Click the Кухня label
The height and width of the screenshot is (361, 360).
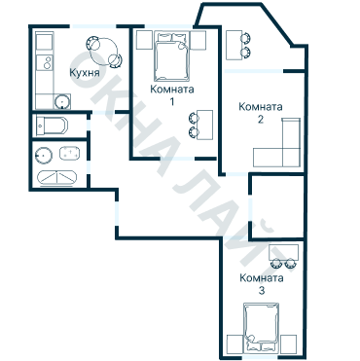click(85, 73)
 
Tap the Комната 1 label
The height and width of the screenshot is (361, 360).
click(172, 94)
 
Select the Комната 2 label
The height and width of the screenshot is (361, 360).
click(261, 113)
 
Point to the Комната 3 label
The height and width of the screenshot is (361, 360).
click(262, 284)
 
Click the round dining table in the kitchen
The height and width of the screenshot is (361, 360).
click(103, 52)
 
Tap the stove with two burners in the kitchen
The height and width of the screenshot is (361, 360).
click(45, 62)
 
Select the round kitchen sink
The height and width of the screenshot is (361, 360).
click(61, 101)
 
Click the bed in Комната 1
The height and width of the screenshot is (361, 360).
click(172, 56)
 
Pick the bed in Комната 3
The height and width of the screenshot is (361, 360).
click(262, 328)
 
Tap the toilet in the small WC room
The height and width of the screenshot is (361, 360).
click(52, 126)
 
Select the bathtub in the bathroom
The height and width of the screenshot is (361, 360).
click(57, 178)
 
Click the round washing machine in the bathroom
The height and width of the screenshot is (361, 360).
click(44, 156)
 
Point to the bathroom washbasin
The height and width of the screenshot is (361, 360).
click(70, 153)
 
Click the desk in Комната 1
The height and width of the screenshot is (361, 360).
click(204, 125)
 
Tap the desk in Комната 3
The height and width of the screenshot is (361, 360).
click(283, 252)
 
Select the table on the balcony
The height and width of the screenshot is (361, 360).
click(234, 45)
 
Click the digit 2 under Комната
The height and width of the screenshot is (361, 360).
click(261, 120)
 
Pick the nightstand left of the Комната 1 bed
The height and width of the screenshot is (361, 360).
click(144, 40)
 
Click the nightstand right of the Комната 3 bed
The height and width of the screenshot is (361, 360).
click(289, 344)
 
